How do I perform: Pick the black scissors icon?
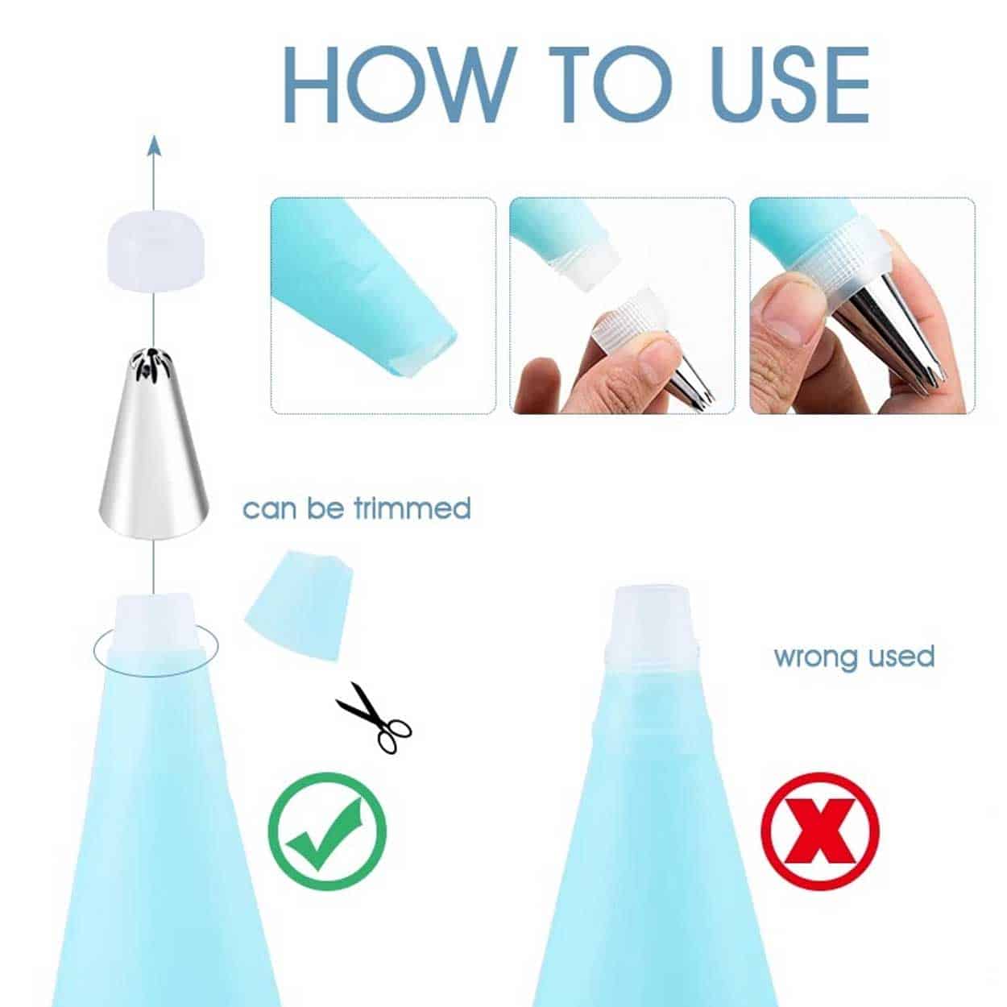[x=374, y=718]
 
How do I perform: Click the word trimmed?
[x=412, y=508]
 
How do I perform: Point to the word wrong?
[x=818, y=657]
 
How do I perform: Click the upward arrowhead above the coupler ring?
[x=153, y=147]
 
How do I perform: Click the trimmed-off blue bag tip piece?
[x=298, y=605]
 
